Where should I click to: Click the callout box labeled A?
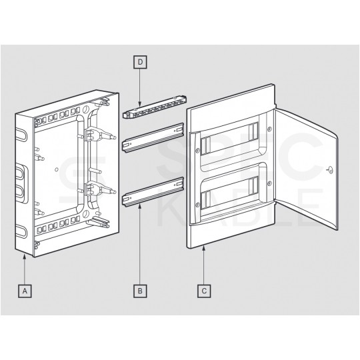click(x=25, y=291)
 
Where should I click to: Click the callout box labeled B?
click(x=140, y=291)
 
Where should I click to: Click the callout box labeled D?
click(x=140, y=62)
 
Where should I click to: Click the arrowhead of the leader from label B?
click(x=140, y=207)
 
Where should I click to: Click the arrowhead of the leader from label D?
click(x=140, y=105)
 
